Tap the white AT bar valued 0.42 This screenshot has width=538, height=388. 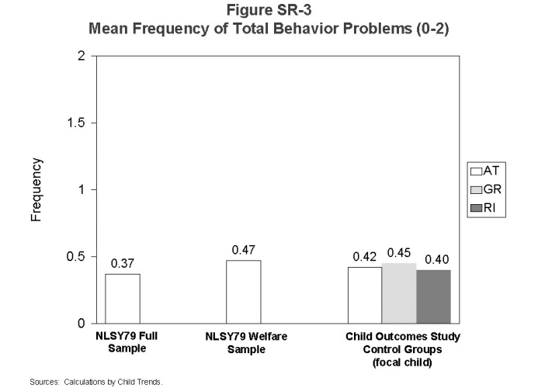tap(364, 295)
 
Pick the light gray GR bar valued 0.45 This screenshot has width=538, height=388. tap(398, 293)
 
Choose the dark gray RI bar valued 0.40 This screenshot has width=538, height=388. tap(433, 296)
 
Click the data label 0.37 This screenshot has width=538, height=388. tap(123, 264)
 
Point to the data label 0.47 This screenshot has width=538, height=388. tap(243, 251)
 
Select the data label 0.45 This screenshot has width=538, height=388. tap(399, 253)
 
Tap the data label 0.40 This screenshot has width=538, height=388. tap(434, 259)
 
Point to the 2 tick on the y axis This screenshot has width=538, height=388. tap(82, 56)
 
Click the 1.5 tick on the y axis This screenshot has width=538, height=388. tap(75, 123)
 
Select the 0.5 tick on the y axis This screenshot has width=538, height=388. tap(75, 256)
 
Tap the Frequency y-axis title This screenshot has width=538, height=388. tap(36, 190)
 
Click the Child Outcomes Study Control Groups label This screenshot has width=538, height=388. tap(402, 348)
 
